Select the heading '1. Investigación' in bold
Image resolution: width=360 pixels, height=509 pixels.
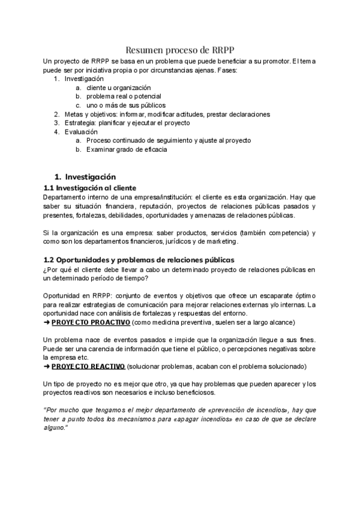coord(85,177)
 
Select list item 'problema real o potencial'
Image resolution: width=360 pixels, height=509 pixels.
coord(124,97)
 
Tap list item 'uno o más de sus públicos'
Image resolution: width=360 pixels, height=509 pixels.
coord(125,105)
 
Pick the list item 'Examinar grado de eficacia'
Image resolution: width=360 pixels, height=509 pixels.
coord(127,149)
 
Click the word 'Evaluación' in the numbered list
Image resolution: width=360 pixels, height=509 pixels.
coord(80,131)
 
